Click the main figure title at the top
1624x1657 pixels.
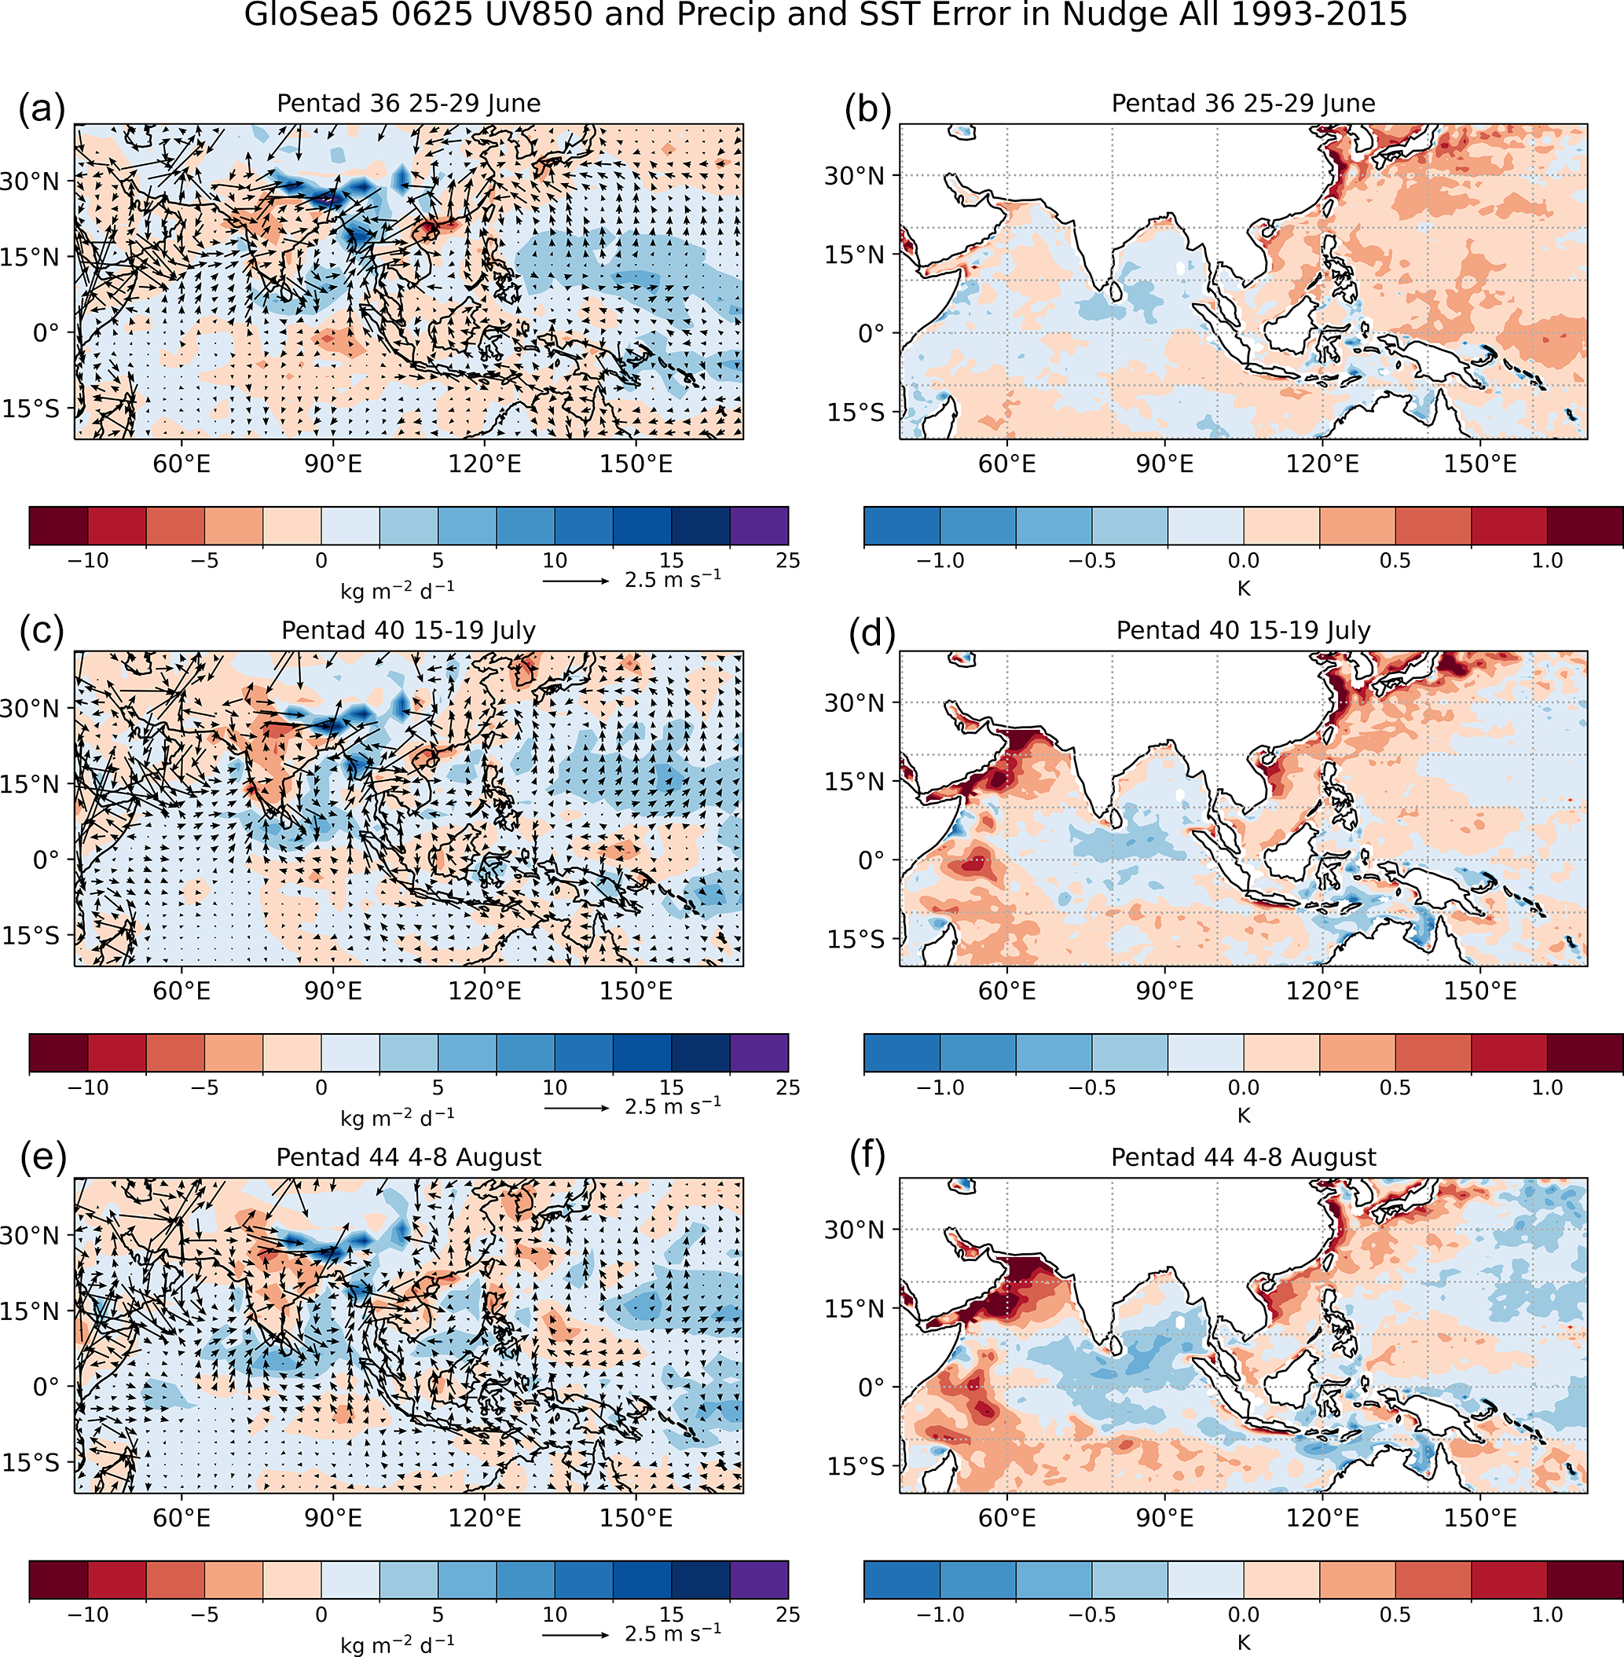coord(825,16)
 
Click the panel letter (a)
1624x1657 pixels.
coord(42,110)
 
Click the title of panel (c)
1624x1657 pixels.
coord(409,630)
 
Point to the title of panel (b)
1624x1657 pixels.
coord(1243,103)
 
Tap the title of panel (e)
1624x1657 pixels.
coord(409,1157)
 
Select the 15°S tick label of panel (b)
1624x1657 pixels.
coord(856,412)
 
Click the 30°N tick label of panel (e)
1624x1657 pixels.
coord(31,1236)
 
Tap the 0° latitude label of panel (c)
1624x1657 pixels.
coord(47,860)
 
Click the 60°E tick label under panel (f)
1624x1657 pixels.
coord(1007,1518)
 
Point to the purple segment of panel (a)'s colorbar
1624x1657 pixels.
coord(759,526)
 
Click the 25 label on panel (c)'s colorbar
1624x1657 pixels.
coord(787,1087)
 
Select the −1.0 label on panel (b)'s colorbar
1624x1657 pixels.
coord(940,561)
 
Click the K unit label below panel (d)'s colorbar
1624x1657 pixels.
coord(1244,1116)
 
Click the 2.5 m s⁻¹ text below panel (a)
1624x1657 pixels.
coord(673,579)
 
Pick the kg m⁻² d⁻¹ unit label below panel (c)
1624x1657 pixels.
coord(398,1117)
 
